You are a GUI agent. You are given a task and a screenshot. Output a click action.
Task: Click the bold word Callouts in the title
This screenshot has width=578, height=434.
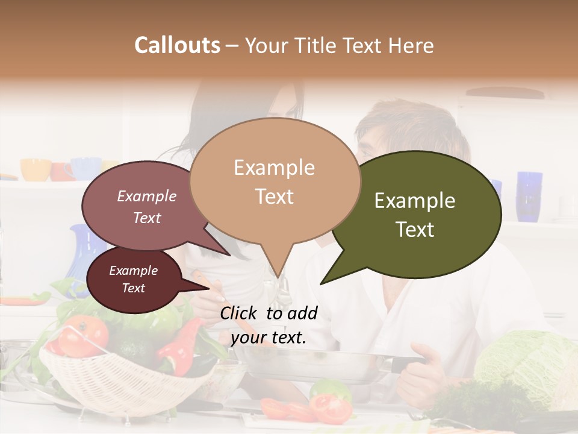pyautogui.click(x=177, y=45)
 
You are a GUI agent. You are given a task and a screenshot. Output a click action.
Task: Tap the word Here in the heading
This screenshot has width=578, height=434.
pyautogui.click(x=412, y=45)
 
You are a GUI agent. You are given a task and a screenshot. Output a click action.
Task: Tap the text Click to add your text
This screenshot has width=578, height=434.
pyautogui.click(x=269, y=325)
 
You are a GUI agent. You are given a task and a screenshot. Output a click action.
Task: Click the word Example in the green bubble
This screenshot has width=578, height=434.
pyautogui.click(x=415, y=201)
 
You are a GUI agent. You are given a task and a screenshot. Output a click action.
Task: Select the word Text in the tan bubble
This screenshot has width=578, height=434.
pyautogui.click(x=275, y=197)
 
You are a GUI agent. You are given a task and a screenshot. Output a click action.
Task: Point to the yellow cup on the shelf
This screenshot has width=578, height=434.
pyautogui.click(x=36, y=169)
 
